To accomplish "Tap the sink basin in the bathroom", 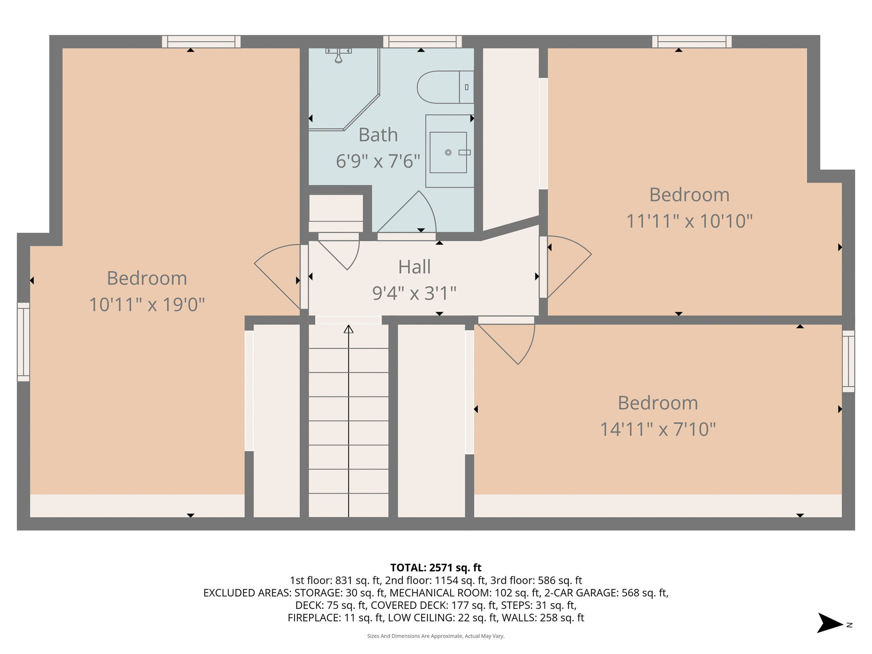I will (448, 152).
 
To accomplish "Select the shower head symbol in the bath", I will (338, 56).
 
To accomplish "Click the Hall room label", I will (414, 267).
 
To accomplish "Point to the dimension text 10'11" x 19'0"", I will (147, 305).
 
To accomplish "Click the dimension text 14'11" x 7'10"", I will (658, 429).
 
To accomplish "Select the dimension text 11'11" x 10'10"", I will (689, 221).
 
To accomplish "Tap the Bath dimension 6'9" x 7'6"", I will (378, 162).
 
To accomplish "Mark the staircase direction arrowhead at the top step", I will (349, 329).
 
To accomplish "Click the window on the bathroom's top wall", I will (422, 42).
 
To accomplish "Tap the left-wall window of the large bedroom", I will (23, 342).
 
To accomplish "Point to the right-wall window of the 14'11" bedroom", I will (848, 361).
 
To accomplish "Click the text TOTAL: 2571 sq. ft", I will (436, 568).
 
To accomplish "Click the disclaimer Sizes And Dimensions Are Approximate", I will (436, 636).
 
